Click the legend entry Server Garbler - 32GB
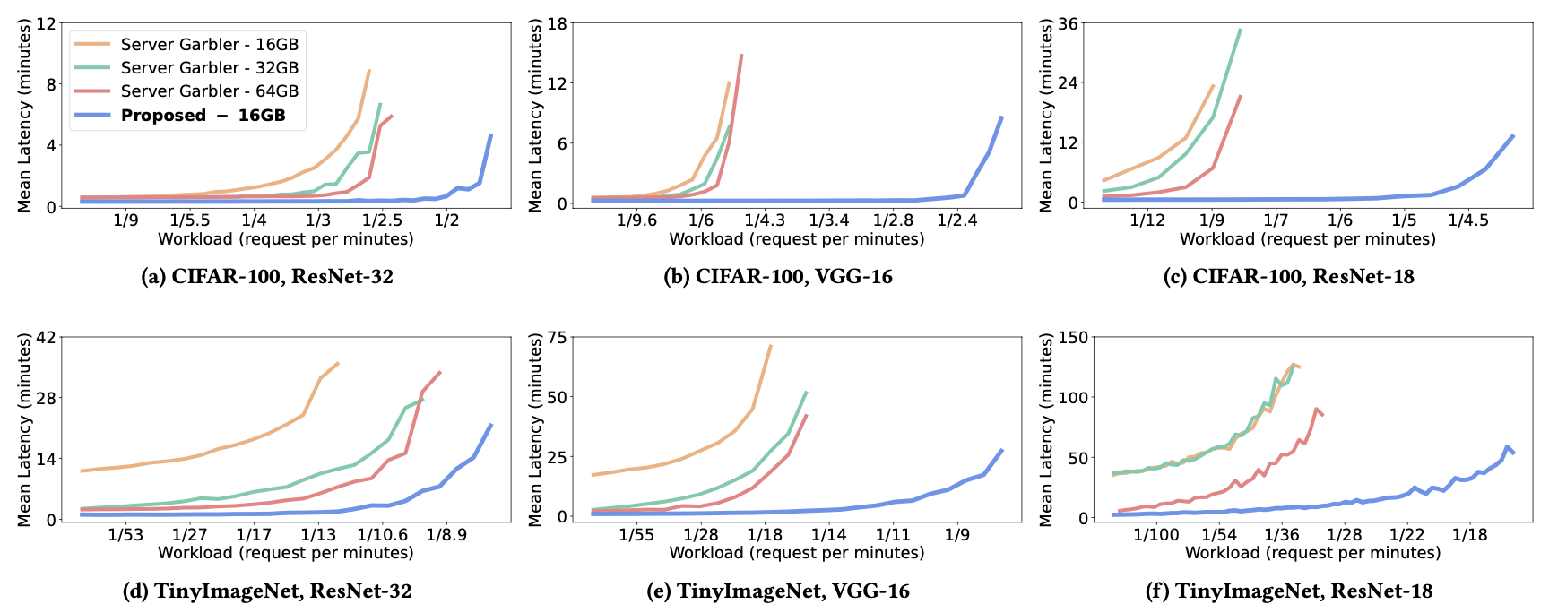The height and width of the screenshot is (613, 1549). [209, 67]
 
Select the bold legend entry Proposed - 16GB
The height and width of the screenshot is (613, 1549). [203, 115]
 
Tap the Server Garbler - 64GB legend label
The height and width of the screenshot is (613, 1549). [209, 91]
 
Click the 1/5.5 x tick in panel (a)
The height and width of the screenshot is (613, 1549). [189, 220]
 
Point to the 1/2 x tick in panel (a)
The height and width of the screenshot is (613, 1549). [446, 220]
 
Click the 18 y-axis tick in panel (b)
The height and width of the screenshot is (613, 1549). [558, 23]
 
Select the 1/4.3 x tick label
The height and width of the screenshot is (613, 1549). [765, 220]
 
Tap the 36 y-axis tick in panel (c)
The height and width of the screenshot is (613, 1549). [1068, 23]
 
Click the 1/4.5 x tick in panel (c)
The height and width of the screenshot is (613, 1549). [1468, 220]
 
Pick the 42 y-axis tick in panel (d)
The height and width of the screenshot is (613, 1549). [46, 338]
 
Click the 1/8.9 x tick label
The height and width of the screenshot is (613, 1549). [446, 534]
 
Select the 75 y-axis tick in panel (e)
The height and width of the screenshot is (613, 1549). [558, 338]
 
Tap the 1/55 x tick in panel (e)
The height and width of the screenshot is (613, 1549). [636, 534]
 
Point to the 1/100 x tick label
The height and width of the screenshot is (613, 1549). [1156, 534]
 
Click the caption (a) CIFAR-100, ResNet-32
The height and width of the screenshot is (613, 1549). [267, 277]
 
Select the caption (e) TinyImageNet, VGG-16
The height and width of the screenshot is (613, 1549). [778, 591]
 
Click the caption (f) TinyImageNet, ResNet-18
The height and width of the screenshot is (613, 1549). [1289, 591]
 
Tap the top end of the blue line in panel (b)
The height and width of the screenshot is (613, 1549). [1002, 117]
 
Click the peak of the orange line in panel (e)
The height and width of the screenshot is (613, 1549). [770, 346]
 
